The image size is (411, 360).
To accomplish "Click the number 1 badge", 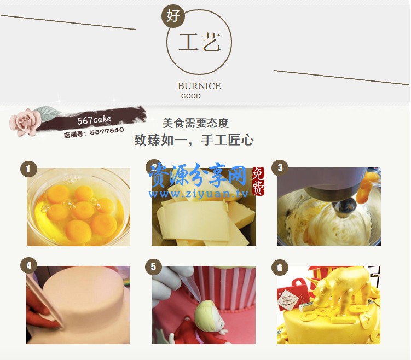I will [x=28, y=169].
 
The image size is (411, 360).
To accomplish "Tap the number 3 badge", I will [x=280, y=168].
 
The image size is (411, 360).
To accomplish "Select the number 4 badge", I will [x=28, y=266].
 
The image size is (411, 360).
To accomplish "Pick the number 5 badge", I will [x=153, y=266].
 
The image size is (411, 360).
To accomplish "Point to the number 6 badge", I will [x=280, y=267].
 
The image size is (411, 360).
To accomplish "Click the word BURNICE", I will [x=199, y=86].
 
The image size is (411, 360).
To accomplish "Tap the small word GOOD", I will [x=191, y=96].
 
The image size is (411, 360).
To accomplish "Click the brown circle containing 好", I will [x=173, y=16].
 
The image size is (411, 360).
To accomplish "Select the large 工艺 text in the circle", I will [x=200, y=43].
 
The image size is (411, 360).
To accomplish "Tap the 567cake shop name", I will [x=94, y=119].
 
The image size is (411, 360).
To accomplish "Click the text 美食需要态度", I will [x=195, y=123].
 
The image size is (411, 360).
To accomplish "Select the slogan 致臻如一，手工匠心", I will [x=194, y=140].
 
